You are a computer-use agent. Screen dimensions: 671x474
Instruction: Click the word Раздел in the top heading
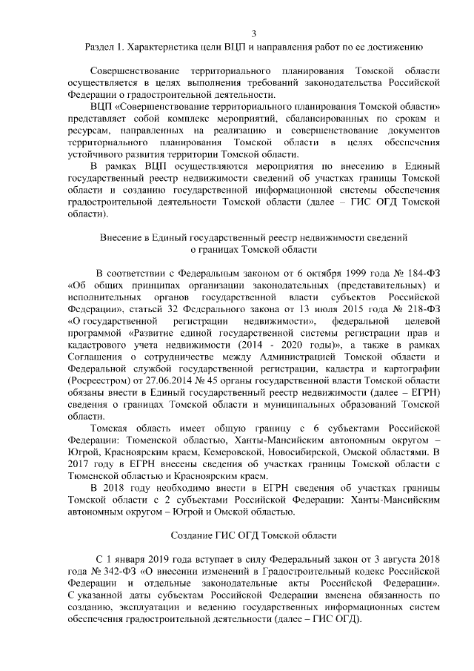pyautogui.click(x=103, y=50)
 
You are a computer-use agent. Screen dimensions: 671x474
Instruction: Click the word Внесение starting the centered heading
pyautogui.click(x=124, y=239)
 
